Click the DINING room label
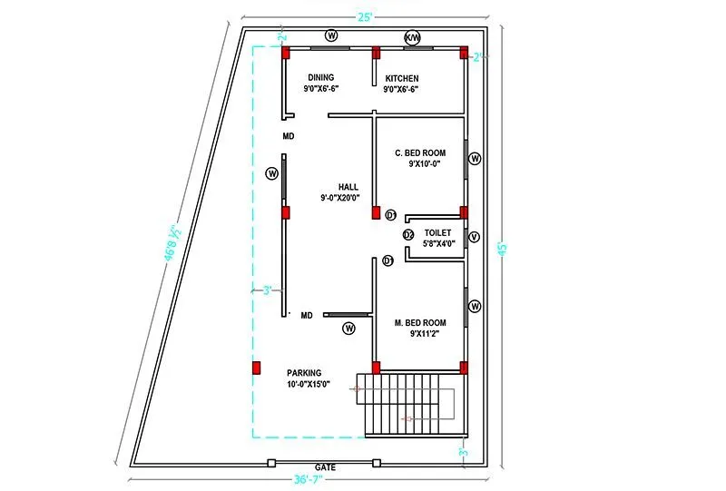[x=321, y=78]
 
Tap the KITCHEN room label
[x=401, y=78]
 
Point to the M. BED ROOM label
[x=420, y=323]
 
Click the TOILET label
[x=437, y=232]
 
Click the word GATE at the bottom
[x=325, y=467]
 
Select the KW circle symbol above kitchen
[x=412, y=36]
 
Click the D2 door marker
[x=408, y=235]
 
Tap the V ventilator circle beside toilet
[x=474, y=238]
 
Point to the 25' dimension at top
[x=363, y=16]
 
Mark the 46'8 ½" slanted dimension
[x=169, y=243]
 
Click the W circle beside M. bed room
[x=474, y=307]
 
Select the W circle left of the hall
[x=270, y=173]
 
